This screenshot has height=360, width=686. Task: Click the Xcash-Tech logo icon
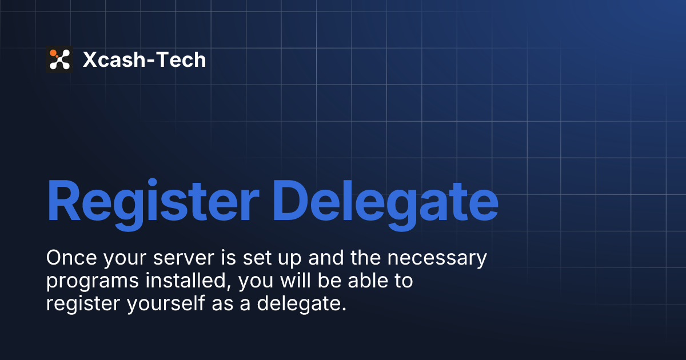(59, 59)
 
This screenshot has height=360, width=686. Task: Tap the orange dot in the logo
(53, 53)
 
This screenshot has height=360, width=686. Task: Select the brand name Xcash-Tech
(144, 59)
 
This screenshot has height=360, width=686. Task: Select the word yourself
(165, 303)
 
